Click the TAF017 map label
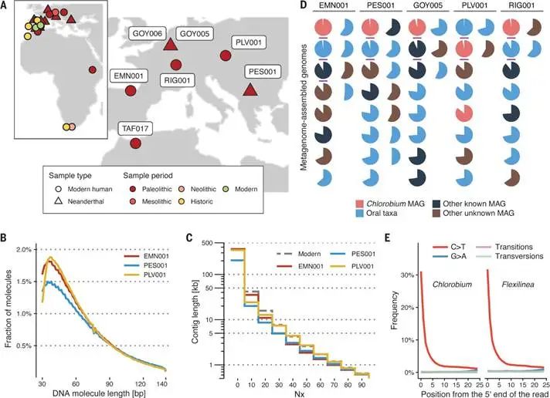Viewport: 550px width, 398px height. pyautogui.click(x=135, y=129)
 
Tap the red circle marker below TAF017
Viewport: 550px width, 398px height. pyautogui.click(x=135, y=143)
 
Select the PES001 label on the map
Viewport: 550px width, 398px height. pyautogui.click(x=263, y=73)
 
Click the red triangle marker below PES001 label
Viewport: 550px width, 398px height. pyautogui.click(x=250, y=89)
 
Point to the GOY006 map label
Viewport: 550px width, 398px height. pyautogui.click(x=148, y=34)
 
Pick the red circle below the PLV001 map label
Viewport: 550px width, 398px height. pyautogui.click(x=226, y=56)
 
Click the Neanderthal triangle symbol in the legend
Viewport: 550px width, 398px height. pyautogui.click(x=59, y=201)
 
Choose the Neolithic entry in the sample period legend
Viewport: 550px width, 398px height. pyautogui.click(x=198, y=189)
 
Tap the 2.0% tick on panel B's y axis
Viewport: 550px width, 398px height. pyautogui.click(x=24, y=249)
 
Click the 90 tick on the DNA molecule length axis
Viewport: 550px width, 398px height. pyautogui.click(x=110, y=383)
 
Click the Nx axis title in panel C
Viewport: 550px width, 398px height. pyautogui.click(x=299, y=394)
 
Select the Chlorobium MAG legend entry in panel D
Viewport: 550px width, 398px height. pyautogui.click(x=390, y=204)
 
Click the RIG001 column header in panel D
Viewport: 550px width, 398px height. pyautogui.click(x=521, y=5)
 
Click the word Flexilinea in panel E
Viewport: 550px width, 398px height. pyautogui.click(x=518, y=285)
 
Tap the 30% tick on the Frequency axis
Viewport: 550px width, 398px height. pyautogui.click(x=407, y=275)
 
